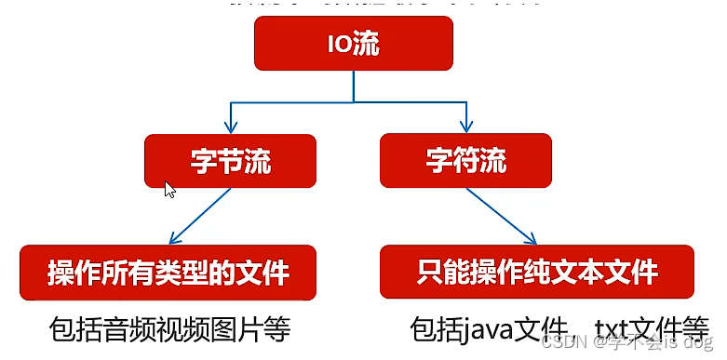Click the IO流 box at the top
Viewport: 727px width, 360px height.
point(353,45)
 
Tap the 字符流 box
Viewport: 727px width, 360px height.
point(466,160)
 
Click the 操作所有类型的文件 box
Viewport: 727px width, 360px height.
point(168,273)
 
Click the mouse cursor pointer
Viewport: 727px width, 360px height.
point(169,189)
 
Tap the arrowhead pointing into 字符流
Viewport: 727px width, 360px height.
point(464,128)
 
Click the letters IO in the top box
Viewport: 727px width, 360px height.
point(340,45)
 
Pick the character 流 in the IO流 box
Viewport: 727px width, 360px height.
point(366,45)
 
